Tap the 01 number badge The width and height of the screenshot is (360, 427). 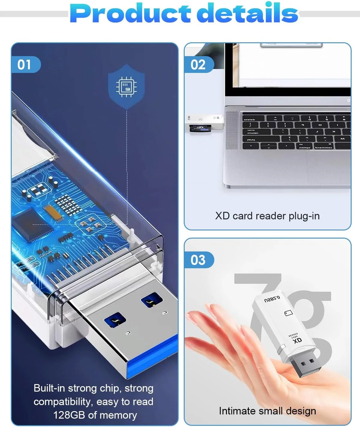pos(24,65)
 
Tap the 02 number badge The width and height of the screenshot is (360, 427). pos(198,65)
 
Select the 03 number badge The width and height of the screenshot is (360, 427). pos(198,260)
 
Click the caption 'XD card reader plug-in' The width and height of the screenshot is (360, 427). pos(267,216)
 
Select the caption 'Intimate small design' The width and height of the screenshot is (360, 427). pos(267,411)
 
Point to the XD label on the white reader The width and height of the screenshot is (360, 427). pos(297,341)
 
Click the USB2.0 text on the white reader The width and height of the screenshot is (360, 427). pos(272,299)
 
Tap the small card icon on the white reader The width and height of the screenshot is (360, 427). pos(288,313)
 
